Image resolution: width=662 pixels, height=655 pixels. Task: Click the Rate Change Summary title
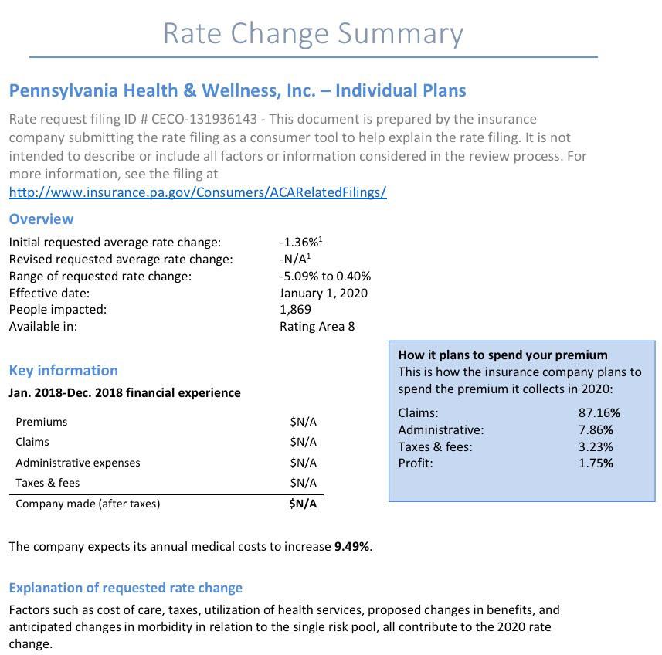click(x=313, y=33)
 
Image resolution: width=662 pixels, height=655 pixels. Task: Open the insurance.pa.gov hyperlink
click(x=198, y=192)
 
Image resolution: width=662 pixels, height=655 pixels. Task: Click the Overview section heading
click(x=41, y=219)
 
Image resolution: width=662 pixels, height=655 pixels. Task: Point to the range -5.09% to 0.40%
click(x=325, y=276)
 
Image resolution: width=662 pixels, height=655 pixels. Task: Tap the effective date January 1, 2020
click(x=324, y=293)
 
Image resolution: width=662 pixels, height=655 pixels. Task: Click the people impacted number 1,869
click(x=295, y=309)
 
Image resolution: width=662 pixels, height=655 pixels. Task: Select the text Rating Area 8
click(x=317, y=326)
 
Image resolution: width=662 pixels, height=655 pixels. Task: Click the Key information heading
click(x=63, y=370)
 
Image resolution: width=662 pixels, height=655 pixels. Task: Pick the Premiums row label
click(x=42, y=422)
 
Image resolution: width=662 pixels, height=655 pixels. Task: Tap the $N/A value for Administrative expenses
click(x=303, y=463)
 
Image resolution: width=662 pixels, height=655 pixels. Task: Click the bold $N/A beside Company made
click(x=303, y=504)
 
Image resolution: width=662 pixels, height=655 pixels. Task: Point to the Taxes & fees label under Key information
click(x=48, y=483)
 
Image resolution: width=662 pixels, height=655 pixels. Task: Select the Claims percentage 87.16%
click(x=599, y=412)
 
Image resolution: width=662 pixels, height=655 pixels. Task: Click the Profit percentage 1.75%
click(x=596, y=463)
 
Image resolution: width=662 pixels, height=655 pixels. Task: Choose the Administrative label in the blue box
click(x=441, y=429)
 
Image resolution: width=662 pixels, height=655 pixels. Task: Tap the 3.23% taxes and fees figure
click(x=596, y=446)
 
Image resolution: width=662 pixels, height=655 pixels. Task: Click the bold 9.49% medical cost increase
click(x=351, y=546)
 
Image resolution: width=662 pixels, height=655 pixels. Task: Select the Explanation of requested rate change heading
click(x=126, y=588)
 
